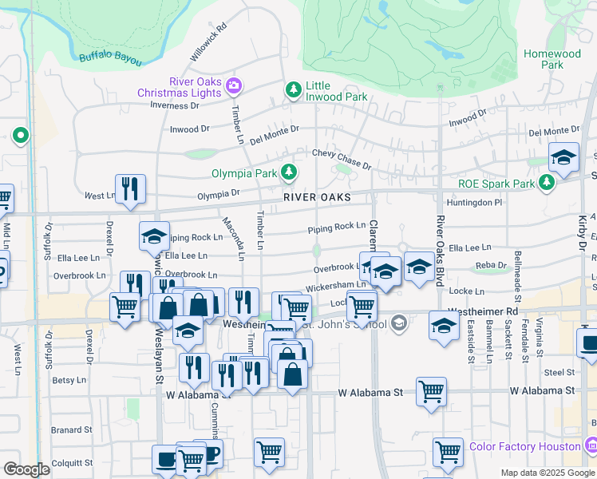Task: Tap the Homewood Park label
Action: (552, 59)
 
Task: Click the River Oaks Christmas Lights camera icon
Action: (234, 85)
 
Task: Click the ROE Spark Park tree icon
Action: (547, 184)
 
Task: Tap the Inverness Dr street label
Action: (172, 105)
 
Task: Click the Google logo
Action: (26, 469)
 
